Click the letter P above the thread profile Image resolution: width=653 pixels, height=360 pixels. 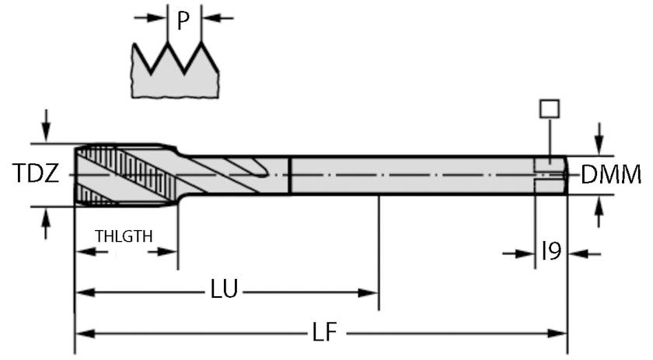click(183, 19)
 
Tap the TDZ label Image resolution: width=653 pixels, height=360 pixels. click(36, 174)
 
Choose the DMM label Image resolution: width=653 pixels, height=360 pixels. click(611, 175)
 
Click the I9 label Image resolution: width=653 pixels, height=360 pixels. click(551, 252)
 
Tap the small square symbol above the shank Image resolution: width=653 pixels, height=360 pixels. click(550, 109)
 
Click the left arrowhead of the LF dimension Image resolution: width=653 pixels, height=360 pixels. click(84, 334)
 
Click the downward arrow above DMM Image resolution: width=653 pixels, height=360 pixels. click(598, 140)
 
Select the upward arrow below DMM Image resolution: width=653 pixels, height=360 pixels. click(598, 210)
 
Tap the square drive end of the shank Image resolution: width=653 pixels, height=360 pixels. click(550, 174)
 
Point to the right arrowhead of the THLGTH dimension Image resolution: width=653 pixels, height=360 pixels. click(169, 251)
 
